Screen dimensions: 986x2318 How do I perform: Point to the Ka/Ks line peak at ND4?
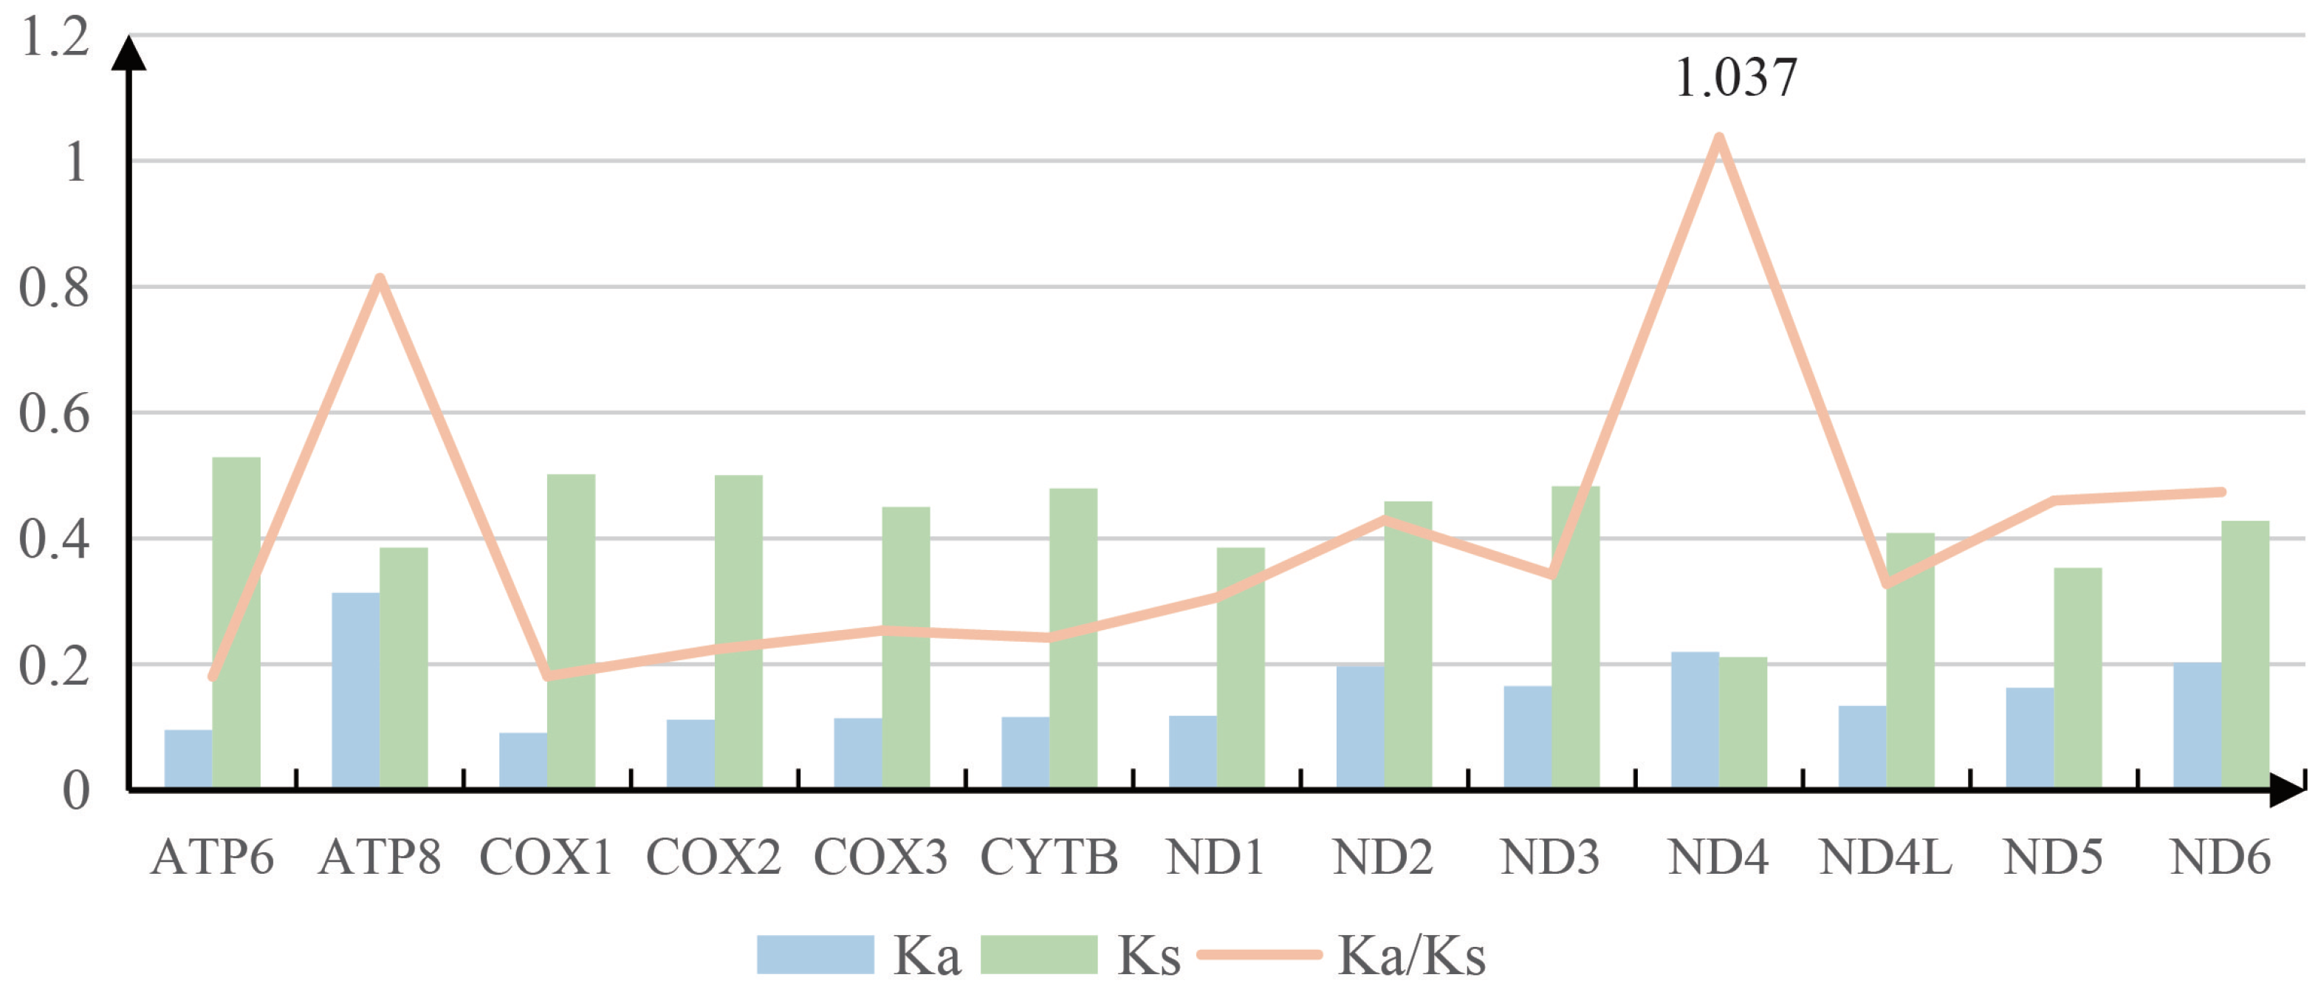(x=1718, y=140)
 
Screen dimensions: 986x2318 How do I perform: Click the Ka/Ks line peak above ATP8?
(x=380, y=279)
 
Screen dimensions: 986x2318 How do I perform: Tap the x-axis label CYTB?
(x=1049, y=857)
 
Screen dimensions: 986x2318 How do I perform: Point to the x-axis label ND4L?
(x=1885, y=857)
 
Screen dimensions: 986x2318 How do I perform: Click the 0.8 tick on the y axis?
(x=54, y=289)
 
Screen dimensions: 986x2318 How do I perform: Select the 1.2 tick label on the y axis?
(x=54, y=38)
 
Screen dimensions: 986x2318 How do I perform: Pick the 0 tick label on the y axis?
(x=75, y=792)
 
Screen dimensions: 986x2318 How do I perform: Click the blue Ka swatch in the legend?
(x=815, y=954)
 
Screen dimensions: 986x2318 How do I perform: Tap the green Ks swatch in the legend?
(x=1038, y=954)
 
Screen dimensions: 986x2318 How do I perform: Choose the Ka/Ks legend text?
(x=1411, y=956)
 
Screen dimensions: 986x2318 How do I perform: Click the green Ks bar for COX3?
(x=905, y=648)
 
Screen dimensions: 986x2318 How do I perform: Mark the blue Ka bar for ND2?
(x=1359, y=727)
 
